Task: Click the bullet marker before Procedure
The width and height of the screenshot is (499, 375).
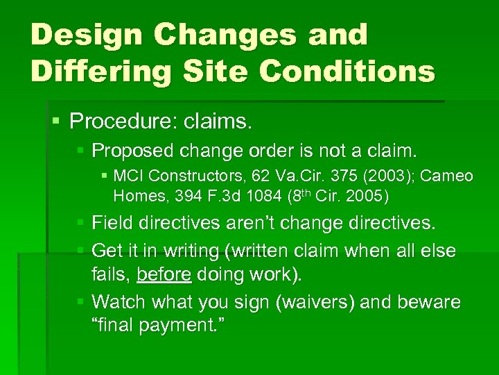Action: (x=57, y=122)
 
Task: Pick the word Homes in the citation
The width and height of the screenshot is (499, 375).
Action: (x=135, y=197)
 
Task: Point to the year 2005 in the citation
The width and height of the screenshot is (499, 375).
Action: (x=362, y=197)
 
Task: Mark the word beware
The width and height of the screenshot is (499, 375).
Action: (x=430, y=302)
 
